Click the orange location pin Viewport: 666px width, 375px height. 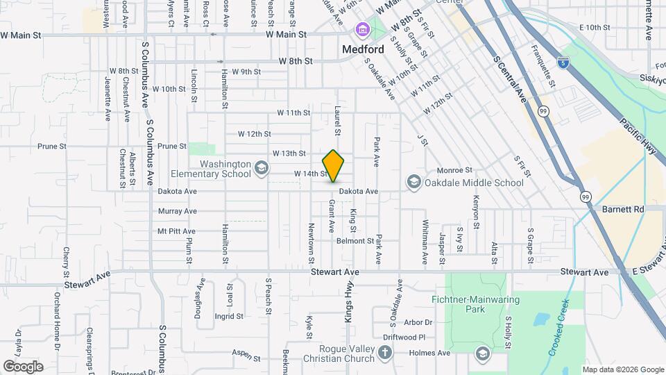(x=334, y=165)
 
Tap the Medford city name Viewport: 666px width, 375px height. (x=363, y=50)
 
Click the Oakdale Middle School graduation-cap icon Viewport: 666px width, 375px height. (x=413, y=183)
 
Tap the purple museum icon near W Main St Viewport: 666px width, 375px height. (x=361, y=30)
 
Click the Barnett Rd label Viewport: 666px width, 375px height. (x=623, y=208)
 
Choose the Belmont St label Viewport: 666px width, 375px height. (x=355, y=241)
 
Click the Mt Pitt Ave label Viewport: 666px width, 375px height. (x=176, y=231)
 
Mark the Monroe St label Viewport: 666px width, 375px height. (x=454, y=170)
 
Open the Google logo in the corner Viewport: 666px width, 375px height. (x=23, y=366)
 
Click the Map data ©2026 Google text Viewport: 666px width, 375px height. (x=622, y=369)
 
